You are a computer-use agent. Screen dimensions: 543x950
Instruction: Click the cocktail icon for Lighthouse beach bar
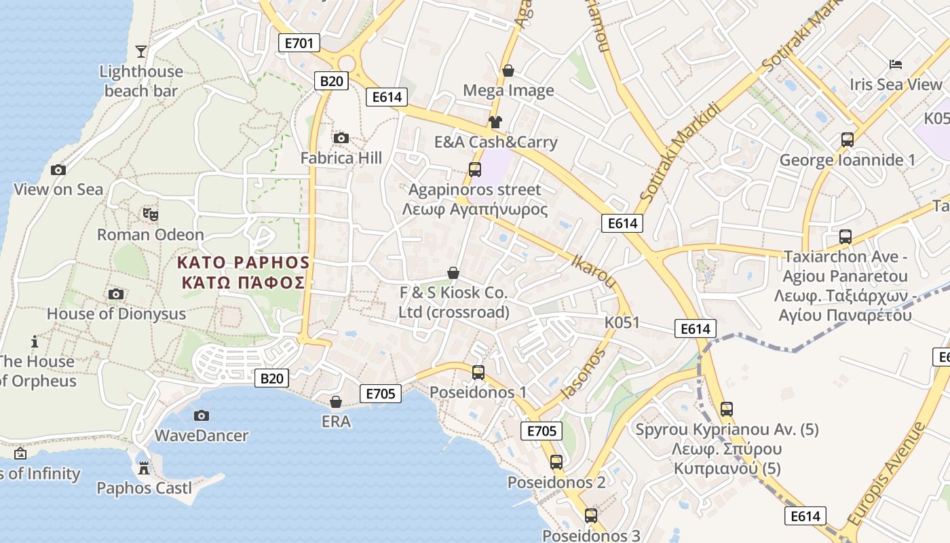(140, 52)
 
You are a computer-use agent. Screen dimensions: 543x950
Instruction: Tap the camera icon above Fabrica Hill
(341, 138)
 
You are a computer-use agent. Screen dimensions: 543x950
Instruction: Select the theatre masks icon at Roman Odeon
(151, 214)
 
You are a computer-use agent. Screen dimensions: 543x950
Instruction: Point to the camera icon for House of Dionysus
(116, 294)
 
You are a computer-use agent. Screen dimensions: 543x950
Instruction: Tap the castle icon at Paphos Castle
(144, 468)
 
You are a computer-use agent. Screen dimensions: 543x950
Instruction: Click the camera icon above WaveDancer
(202, 415)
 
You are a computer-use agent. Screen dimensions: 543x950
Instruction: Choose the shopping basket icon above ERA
(335, 402)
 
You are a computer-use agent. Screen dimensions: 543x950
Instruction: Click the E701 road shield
(299, 43)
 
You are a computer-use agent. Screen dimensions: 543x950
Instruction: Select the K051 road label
(622, 322)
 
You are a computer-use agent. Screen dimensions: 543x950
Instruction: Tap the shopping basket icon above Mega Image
(508, 71)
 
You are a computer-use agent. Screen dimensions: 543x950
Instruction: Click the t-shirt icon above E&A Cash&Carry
(495, 122)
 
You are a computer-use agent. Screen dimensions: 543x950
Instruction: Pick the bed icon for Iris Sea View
(896, 64)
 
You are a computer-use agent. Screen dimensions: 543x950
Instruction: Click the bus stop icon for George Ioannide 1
(848, 140)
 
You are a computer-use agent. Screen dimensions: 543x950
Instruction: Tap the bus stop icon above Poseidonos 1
(478, 372)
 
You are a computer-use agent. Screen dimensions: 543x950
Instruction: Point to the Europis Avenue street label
(886, 474)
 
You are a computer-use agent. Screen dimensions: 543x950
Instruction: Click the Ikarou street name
(594, 271)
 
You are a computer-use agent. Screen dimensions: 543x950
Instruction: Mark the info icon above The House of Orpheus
(35, 341)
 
